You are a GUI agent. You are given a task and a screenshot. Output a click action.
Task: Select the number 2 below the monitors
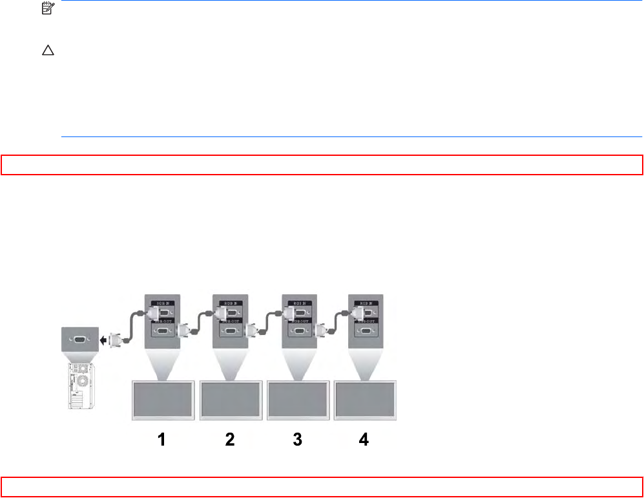[x=230, y=440]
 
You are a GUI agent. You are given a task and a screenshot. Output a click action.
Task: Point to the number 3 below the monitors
[x=297, y=440]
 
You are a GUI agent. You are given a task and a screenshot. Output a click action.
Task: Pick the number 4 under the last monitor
[x=364, y=440]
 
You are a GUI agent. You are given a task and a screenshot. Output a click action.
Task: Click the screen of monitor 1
[x=161, y=401]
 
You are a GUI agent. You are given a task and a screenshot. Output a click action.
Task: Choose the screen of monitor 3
[x=298, y=401]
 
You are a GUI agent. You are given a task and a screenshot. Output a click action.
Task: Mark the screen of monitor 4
[x=365, y=401]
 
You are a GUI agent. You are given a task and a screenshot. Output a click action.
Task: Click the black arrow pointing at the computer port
[x=101, y=338]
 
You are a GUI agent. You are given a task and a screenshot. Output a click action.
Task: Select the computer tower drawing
[x=79, y=387]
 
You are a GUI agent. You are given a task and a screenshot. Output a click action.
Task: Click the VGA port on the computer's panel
[x=78, y=338]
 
